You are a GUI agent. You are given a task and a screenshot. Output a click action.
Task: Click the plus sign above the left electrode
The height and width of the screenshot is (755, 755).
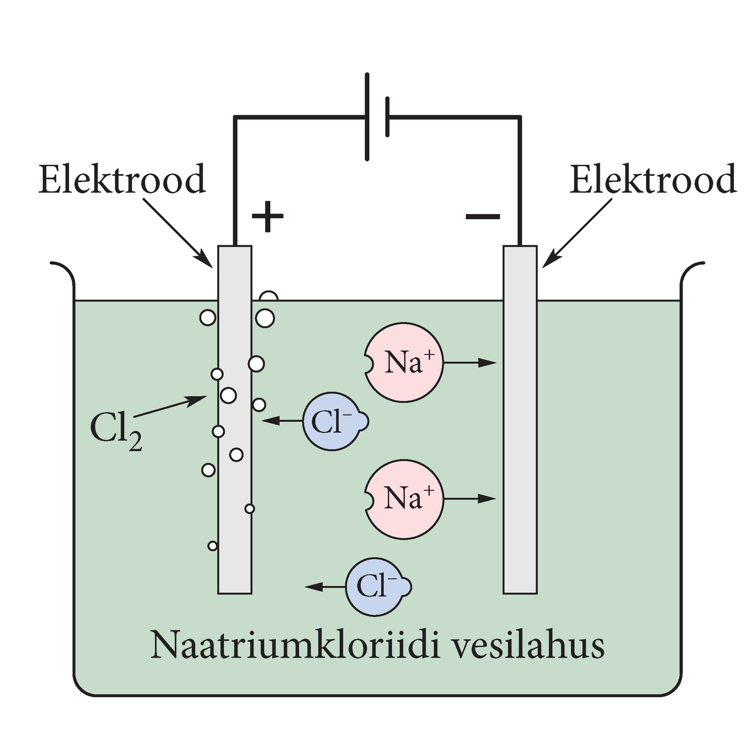pyautogui.click(x=267, y=217)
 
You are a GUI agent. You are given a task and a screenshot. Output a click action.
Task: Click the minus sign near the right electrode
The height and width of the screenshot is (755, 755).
pyautogui.click(x=483, y=217)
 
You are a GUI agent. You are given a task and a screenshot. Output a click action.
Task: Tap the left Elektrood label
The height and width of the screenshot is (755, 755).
pyautogui.click(x=122, y=180)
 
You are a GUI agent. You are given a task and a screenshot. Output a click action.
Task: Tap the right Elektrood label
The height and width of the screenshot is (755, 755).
pyautogui.click(x=653, y=180)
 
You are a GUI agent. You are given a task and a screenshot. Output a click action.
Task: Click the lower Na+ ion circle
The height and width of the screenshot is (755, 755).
pyautogui.click(x=404, y=499)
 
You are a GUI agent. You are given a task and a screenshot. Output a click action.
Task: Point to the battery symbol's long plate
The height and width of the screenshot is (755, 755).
pyautogui.click(x=367, y=116)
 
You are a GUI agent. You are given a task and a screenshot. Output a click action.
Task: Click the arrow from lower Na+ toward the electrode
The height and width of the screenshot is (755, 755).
pyautogui.click(x=469, y=499)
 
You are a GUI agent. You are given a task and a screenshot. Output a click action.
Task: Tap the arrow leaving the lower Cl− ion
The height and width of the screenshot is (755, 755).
pyautogui.click(x=325, y=587)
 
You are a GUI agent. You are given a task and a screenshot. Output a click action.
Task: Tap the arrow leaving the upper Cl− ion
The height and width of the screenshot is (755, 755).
pyautogui.click(x=282, y=421)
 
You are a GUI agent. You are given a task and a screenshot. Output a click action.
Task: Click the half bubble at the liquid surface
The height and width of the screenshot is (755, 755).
pyautogui.click(x=269, y=297)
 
